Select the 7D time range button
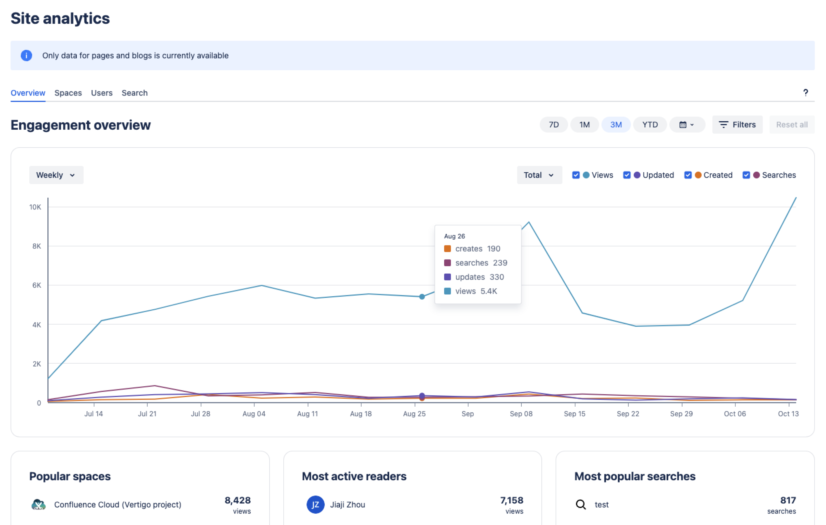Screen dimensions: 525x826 (553, 124)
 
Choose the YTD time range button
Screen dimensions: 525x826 (650, 124)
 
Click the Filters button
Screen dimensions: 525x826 (737, 124)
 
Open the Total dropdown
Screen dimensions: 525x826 (539, 175)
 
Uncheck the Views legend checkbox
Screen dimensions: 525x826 (576, 175)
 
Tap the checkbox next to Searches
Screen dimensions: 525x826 (746, 175)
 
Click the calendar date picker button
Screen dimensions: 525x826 (687, 124)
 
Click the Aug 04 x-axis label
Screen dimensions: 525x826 (254, 414)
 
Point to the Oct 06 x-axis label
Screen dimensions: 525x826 (735, 414)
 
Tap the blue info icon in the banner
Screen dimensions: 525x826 (27, 55)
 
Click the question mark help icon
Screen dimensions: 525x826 (805, 93)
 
